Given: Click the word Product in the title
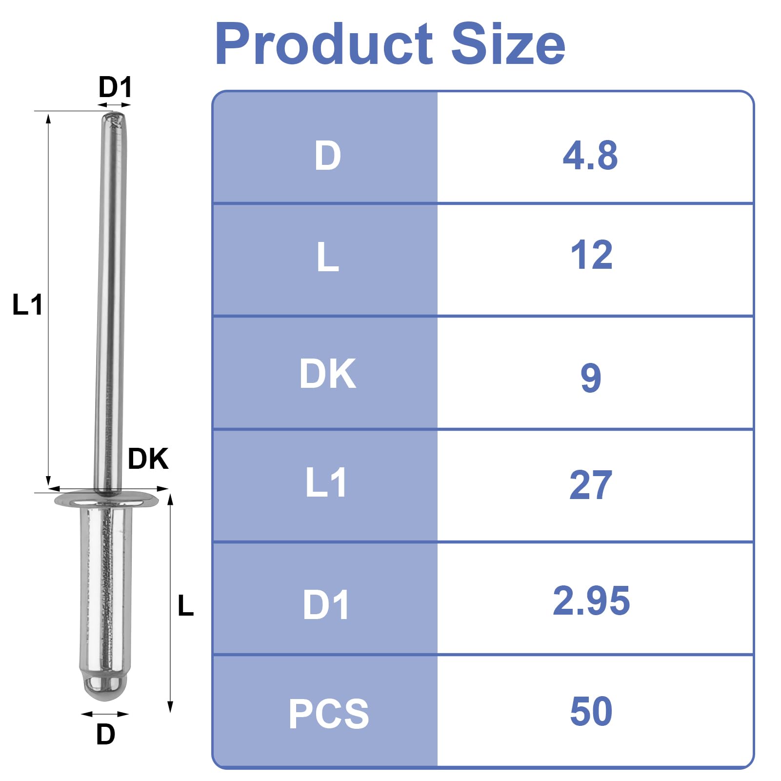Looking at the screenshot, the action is (x=324, y=44).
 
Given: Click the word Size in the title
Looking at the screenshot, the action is (x=508, y=44).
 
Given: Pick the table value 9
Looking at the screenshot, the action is (x=591, y=378).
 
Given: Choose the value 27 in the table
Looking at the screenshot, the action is (x=591, y=485).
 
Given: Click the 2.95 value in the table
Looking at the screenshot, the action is (x=591, y=600).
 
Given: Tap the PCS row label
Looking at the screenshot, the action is (x=329, y=714).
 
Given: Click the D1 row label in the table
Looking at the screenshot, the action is (x=326, y=605).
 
